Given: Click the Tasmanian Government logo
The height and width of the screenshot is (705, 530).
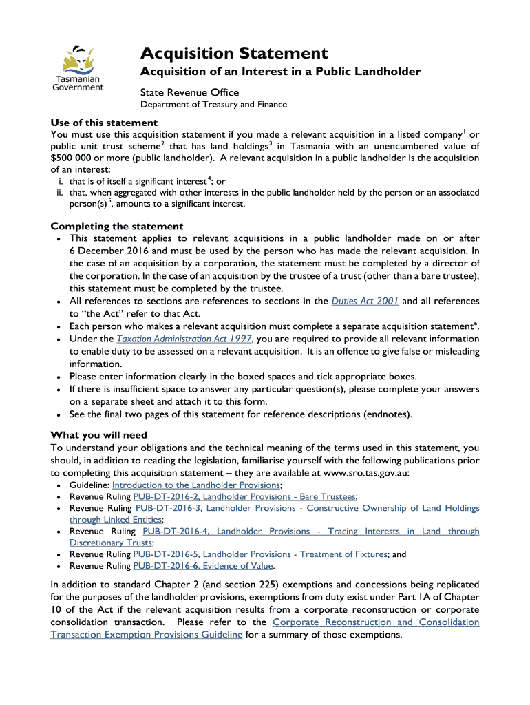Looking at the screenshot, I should point(78,68).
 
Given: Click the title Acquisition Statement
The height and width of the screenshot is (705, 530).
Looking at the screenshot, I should point(234,53).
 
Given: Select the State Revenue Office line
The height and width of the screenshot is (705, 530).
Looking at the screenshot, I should point(189,92).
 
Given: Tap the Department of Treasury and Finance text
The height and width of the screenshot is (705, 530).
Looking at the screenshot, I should point(213,105).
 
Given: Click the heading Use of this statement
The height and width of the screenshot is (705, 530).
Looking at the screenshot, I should point(104,123).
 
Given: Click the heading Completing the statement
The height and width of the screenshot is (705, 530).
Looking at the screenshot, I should point(117,226).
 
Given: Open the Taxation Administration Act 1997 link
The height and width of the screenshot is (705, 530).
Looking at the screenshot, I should point(184,339).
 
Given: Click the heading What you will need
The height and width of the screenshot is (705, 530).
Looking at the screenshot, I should point(98,434).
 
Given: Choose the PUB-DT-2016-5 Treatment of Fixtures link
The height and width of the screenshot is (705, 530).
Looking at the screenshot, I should point(260,554).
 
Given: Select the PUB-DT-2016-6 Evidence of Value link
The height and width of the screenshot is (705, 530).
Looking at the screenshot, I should point(204,565).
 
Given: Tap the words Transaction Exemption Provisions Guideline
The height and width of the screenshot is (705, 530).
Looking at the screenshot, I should point(146,634).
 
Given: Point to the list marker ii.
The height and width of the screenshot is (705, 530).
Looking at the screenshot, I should point(60,193).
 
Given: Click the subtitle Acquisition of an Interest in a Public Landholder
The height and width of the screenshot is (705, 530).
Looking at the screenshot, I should point(281,72).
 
